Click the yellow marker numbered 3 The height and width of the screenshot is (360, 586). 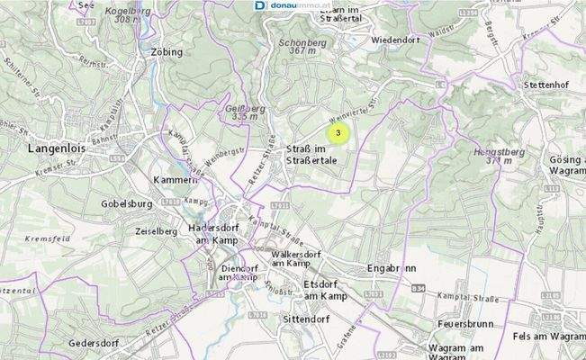(338, 134)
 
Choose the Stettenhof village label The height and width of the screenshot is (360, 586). (547, 85)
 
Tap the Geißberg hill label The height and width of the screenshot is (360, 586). (237, 112)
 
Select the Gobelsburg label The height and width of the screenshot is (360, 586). (122, 204)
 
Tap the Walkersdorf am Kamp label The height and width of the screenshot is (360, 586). (292, 258)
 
